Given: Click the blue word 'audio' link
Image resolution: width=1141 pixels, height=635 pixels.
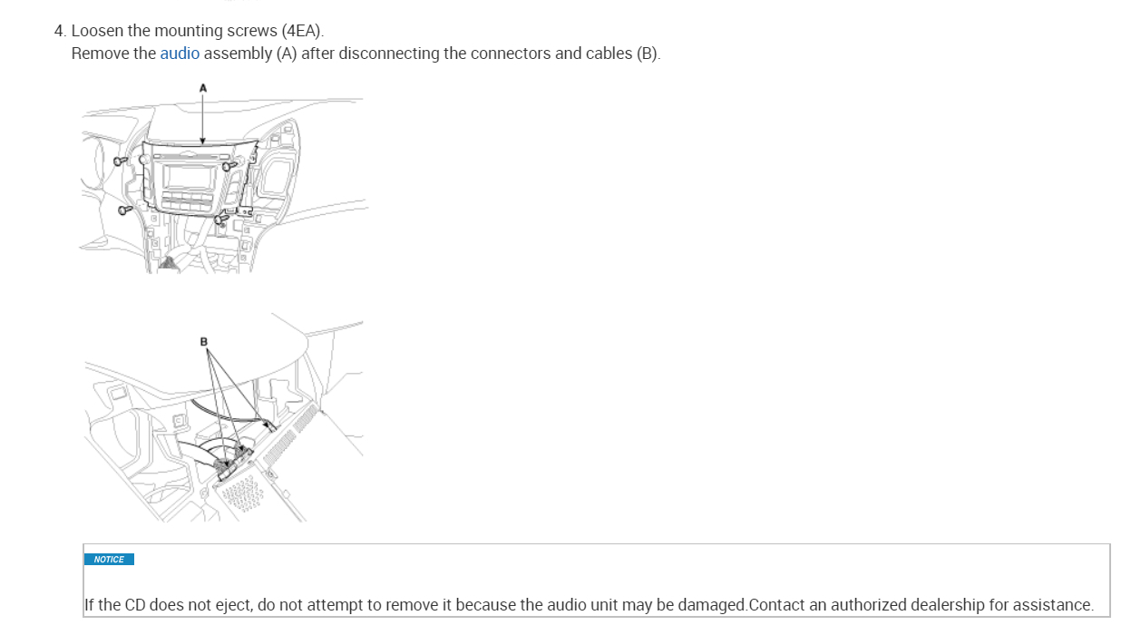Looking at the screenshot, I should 180,54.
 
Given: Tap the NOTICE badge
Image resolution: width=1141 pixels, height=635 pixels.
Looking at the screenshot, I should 109,560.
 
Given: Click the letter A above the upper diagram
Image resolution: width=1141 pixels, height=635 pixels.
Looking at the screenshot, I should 203,87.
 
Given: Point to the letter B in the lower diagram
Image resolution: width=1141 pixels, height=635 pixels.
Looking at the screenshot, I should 204,342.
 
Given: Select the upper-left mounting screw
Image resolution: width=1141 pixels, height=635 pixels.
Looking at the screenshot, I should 121,161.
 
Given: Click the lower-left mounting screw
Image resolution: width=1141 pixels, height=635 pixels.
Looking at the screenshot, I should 125,210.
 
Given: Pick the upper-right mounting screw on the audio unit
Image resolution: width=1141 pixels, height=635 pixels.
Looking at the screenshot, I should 229,166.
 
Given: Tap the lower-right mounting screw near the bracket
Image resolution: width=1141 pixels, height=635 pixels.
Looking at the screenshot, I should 220,218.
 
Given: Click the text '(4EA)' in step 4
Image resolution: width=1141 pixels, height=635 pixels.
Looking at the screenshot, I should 302,31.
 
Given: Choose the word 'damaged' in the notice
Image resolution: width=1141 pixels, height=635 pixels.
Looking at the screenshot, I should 714,605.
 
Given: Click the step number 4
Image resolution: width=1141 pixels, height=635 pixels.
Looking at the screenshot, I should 59,31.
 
